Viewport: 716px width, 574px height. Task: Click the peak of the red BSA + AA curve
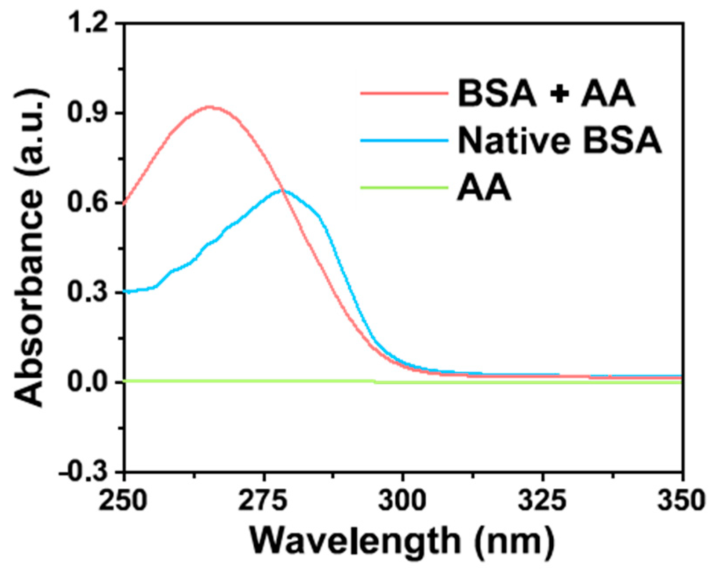210,107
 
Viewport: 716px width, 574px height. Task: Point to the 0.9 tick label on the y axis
90,113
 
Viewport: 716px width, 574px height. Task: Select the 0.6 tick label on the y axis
90,203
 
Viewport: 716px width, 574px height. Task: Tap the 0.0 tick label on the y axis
90,382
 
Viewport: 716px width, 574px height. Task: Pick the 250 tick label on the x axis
123,501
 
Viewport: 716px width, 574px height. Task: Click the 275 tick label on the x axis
263,501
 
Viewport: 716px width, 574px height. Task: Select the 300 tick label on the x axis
403,501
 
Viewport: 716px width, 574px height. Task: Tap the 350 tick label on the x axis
681,501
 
